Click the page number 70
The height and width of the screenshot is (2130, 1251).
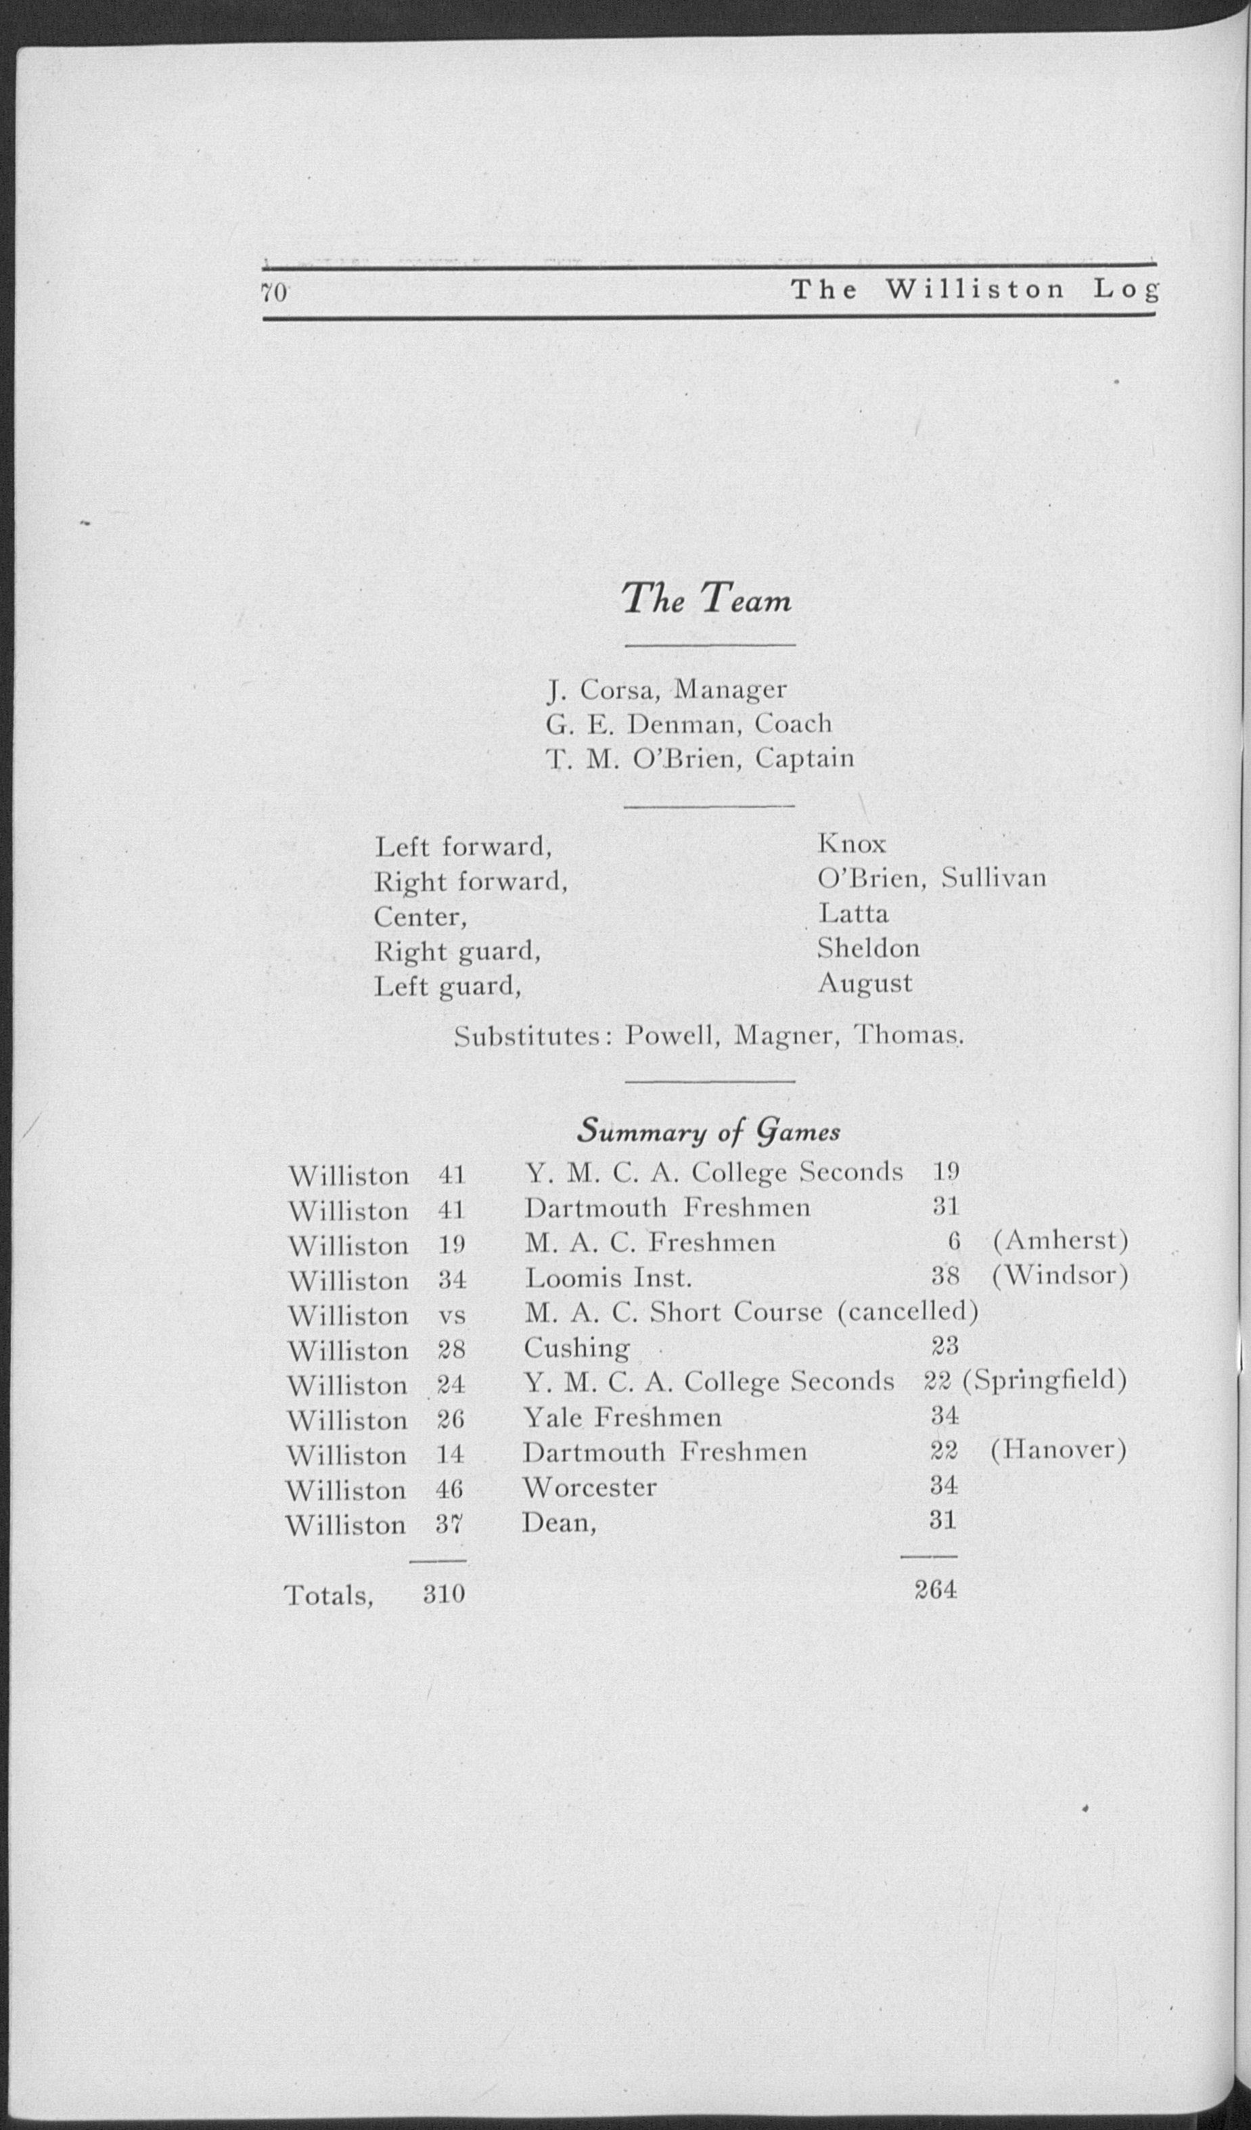tap(275, 292)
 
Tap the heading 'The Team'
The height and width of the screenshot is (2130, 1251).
tap(706, 599)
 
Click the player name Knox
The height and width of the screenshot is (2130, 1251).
tap(851, 844)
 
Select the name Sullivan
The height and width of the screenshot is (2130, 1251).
tap(993, 878)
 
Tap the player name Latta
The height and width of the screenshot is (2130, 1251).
tap(853, 913)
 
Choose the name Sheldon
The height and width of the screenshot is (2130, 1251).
tap(868, 949)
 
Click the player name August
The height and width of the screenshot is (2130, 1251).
tap(865, 983)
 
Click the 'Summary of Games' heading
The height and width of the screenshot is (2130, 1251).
tap(708, 1131)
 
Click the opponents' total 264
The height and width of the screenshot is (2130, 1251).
tap(936, 1590)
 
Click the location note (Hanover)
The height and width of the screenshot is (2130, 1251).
tap(1058, 1451)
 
